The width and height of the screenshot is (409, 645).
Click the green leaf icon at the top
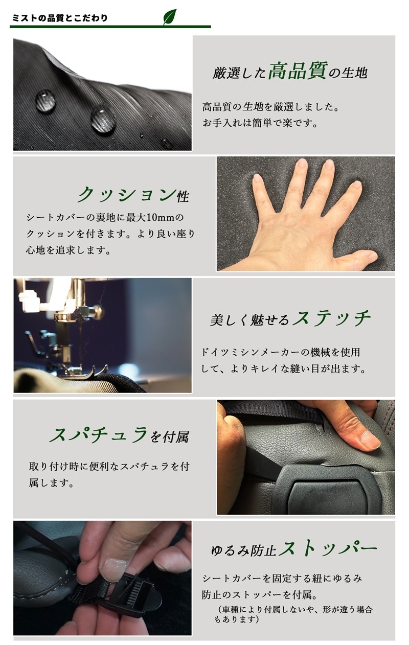pos(169,17)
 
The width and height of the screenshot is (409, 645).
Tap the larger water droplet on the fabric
pos(103,119)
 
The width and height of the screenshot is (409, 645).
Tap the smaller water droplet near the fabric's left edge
pos(46,100)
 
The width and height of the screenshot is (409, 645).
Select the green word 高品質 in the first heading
pos(297,71)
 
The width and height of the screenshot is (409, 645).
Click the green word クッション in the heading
pos(126,195)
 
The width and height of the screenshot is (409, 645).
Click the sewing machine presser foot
pos(91,372)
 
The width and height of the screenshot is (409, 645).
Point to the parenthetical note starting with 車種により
pos(294,614)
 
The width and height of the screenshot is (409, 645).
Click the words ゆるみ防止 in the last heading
pos(244,551)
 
